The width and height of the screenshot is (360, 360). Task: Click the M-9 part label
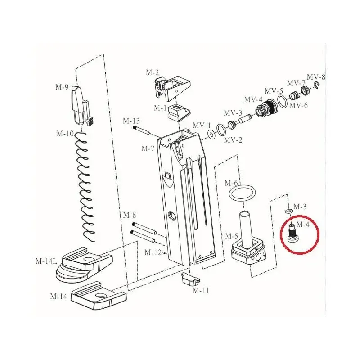pyautogui.click(x=62, y=87)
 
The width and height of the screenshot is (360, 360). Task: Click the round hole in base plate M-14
pyautogui.click(x=100, y=296)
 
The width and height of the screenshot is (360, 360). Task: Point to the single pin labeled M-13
pyautogui.click(x=141, y=130)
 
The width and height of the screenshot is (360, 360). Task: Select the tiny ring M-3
pyautogui.click(x=288, y=211)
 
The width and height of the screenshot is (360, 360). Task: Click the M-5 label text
pyautogui.click(x=231, y=236)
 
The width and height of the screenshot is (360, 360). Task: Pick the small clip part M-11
pyautogui.click(x=190, y=279)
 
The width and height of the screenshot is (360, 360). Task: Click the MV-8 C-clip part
pyautogui.click(x=317, y=85)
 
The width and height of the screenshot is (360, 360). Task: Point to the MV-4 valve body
pyautogui.click(x=267, y=108)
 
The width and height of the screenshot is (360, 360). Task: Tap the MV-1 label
pyautogui.click(x=201, y=126)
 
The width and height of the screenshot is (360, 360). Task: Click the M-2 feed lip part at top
pyautogui.click(x=172, y=88)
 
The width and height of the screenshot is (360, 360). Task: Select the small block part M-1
pyautogui.click(x=179, y=113)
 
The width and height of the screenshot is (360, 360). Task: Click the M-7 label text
pyautogui.click(x=148, y=148)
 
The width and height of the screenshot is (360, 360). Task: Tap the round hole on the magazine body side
pyautogui.click(x=171, y=216)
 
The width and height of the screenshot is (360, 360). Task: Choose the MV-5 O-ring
pyautogui.click(x=282, y=101)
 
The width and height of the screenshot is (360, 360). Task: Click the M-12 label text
pyautogui.click(x=153, y=252)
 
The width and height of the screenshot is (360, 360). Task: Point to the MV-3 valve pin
pyautogui.click(x=240, y=121)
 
